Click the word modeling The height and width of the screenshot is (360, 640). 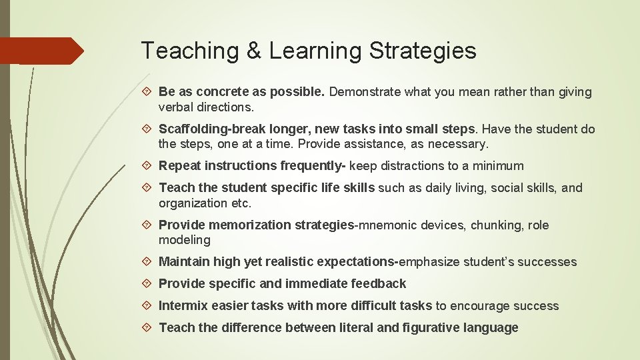184,240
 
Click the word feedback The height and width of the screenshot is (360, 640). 379,284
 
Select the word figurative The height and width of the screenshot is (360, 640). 427,328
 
